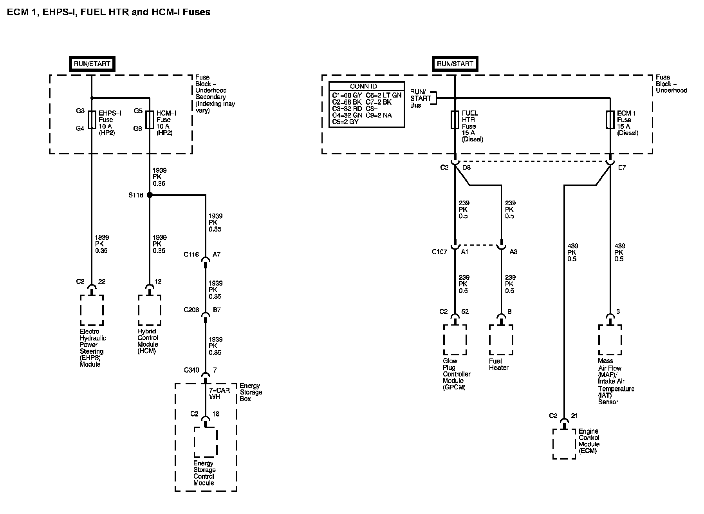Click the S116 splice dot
pyautogui.click(x=150, y=195)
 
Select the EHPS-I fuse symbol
pyautogui.click(x=92, y=119)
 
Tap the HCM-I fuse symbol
pyautogui.click(x=150, y=119)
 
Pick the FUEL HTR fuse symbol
pyautogui.click(x=455, y=119)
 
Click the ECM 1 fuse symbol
pyautogui.click(x=610, y=119)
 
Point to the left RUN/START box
pyautogui.click(x=92, y=64)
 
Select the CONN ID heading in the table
pyautogui.click(x=363, y=86)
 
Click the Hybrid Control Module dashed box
pyautogui.click(x=150, y=310)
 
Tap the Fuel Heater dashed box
pyautogui.click(x=501, y=340)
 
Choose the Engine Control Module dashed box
pyautogui.click(x=564, y=443)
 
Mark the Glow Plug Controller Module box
pyautogui.click(x=455, y=340)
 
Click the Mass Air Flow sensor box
pyautogui.click(x=610, y=340)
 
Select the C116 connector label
pyautogui.click(x=191, y=255)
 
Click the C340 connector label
pyautogui.click(x=191, y=370)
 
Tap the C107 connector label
pyautogui.click(x=439, y=252)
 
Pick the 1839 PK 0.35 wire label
pyautogui.click(x=102, y=244)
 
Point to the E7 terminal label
pyautogui.click(x=622, y=168)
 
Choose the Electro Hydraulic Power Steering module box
pyautogui.click(x=92, y=310)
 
